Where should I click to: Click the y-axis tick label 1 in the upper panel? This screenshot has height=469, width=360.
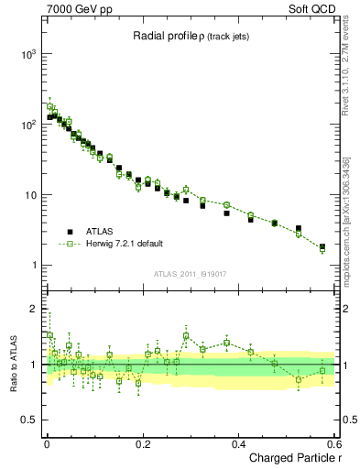click(31, 266)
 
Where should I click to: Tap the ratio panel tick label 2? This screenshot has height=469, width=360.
click(31, 309)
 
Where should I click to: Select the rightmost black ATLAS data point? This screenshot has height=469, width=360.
click(322, 246)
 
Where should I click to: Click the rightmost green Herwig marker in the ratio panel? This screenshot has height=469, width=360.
click(322, 371)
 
